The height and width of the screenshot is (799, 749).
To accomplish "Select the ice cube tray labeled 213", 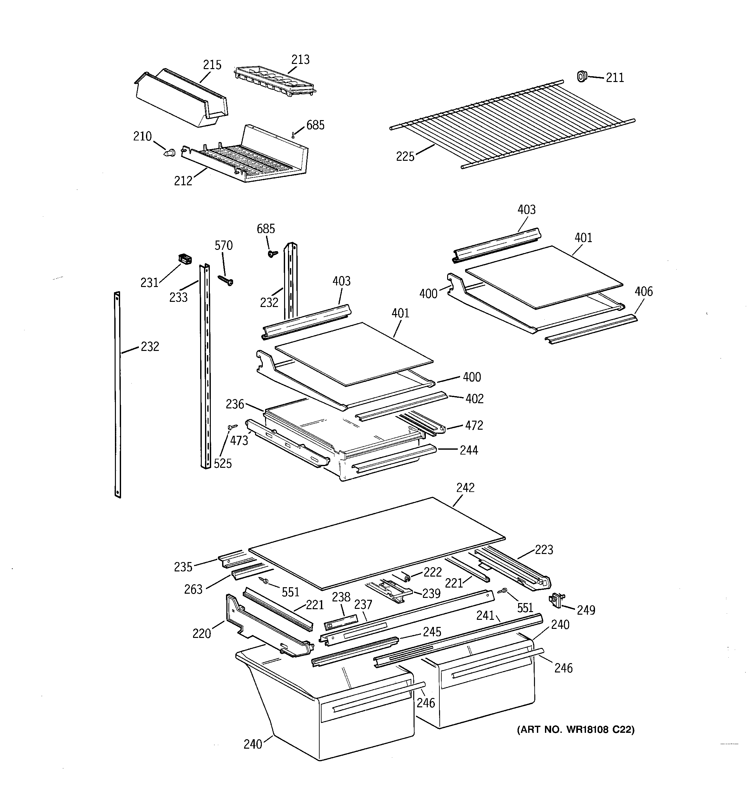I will pos(275,82).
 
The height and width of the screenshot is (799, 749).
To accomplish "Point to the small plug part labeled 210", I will pos(170,153).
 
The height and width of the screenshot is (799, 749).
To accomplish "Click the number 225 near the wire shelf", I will pos(405,156).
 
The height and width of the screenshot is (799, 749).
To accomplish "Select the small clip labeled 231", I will pos(185,259).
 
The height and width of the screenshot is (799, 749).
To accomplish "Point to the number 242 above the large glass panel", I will pos(465,487).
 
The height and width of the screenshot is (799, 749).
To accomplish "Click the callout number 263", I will pos(193,589).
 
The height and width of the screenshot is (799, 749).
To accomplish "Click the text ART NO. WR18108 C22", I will pos(575,730).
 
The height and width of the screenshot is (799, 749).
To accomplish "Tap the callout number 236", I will pos(235,404).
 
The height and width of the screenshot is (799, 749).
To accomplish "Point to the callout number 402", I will pos(474,399).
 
